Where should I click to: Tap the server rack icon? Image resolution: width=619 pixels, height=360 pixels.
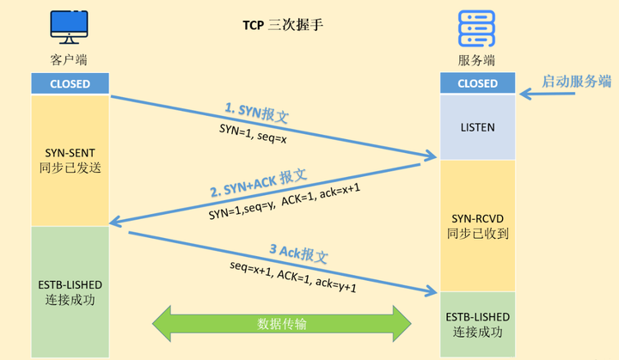477,29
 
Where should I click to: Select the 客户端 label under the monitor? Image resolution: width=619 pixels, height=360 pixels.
69,60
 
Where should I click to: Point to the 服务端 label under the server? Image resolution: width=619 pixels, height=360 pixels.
477,60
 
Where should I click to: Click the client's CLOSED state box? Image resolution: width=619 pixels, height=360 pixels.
70,83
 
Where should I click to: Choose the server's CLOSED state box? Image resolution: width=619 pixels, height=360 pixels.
477,83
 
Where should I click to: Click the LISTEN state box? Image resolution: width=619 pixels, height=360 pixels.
477,127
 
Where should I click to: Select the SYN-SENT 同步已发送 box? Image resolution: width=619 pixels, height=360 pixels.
70,160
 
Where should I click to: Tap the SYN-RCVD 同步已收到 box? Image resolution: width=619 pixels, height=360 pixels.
477,225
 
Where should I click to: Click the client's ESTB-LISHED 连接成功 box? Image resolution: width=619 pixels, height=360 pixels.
70,291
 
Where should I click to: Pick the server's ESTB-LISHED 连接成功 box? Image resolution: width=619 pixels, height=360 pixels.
477,324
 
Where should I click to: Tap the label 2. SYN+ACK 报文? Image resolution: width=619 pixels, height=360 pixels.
258,181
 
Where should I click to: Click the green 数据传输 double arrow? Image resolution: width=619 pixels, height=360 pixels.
281,324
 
